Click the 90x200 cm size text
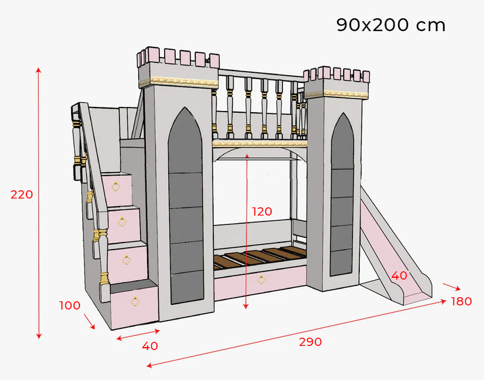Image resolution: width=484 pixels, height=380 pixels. click(390, 25)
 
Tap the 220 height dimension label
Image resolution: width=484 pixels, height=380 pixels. click(22, 194)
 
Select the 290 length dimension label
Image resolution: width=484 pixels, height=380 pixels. click(310, 342)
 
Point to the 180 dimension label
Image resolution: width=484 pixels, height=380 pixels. click(461, 301)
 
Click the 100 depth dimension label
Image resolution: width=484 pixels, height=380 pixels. click(69, 305)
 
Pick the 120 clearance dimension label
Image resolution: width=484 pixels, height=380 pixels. click(262, 211)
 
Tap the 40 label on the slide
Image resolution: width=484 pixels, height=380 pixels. click(399, 275)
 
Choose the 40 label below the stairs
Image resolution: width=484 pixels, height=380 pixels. click(150, 346)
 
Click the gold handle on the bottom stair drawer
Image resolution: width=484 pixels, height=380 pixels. click(136, 302)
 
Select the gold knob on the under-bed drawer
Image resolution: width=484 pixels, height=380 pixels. click(261, 280)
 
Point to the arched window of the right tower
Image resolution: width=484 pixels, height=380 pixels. click(342, 194)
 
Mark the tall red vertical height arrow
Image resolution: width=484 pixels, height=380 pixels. click(39, 203)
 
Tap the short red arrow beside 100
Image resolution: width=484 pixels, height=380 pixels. click(89, 321)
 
